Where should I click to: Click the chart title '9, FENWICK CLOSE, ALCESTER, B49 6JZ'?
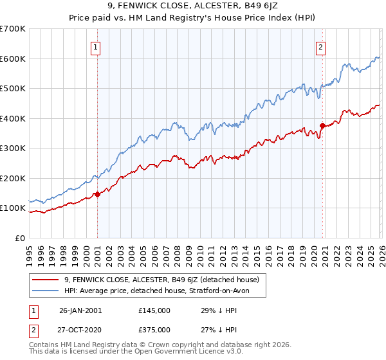coord(193,7)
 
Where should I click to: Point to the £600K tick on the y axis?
coord(13,59)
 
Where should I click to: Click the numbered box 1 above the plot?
coord(95,46)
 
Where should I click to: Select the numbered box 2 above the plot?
coord(320,46)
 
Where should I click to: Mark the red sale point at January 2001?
coord(97,194)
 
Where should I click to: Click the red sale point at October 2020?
coord(322,125)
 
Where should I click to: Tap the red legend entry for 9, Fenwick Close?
coord(161,280)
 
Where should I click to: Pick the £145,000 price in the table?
coord(154,310)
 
